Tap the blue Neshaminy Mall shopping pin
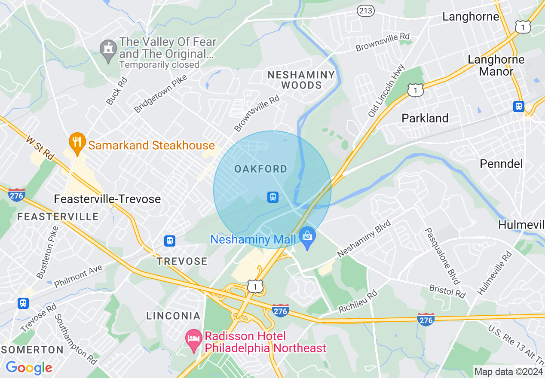[307, 238]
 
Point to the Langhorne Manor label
[496, 65]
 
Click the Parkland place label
[425, 118]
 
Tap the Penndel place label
[501, 164]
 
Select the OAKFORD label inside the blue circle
[261, 169]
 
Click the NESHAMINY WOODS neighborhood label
[301, 80]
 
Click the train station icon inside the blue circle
[272, 197]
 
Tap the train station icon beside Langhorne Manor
[519, 106]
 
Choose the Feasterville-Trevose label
[107, 199]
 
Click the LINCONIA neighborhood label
[173, 316]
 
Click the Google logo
[29, 368]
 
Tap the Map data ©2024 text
[508, 372]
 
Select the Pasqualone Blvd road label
[442, 256]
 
